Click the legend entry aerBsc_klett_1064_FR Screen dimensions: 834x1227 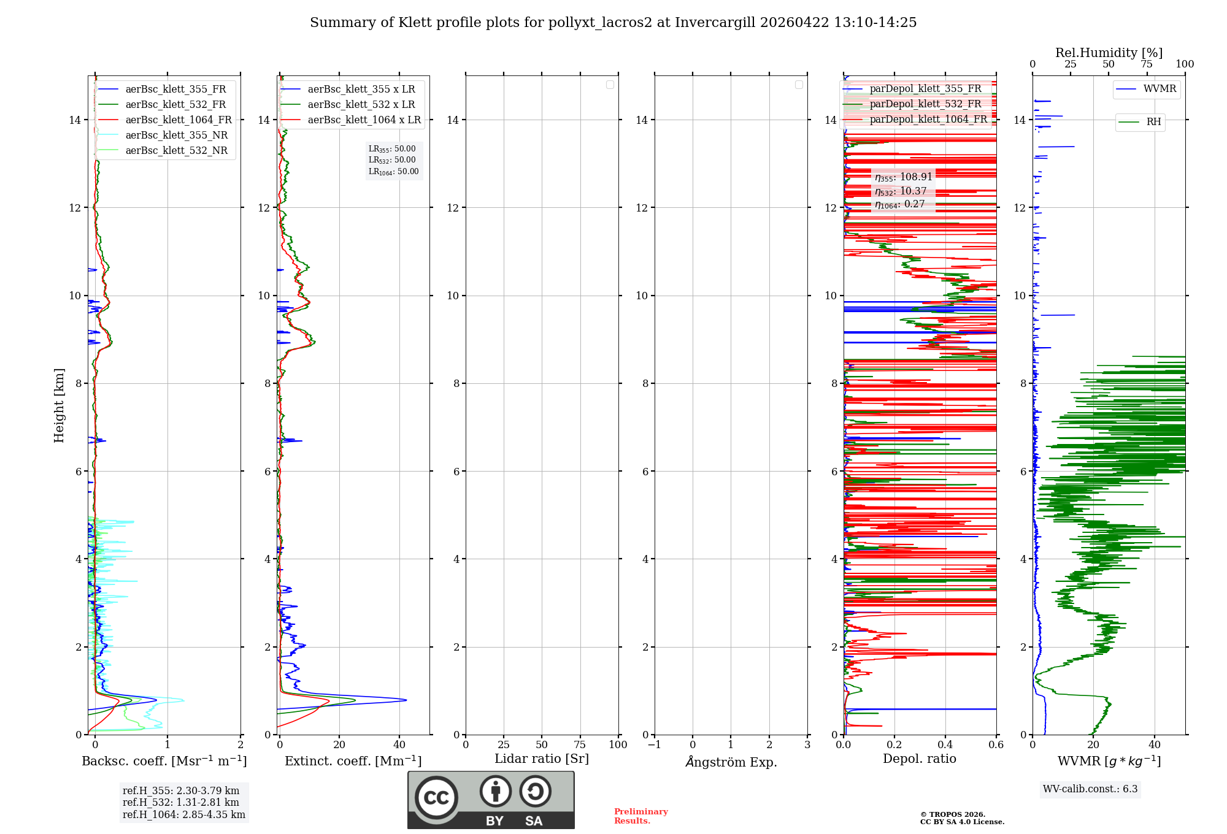179,120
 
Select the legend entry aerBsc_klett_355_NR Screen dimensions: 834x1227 177,136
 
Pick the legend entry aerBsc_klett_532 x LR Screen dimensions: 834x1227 361,105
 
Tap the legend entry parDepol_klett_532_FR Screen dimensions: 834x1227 925,104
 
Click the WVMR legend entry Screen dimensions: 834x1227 1160,89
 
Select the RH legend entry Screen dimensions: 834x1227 1153,122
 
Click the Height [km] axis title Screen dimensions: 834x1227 59,405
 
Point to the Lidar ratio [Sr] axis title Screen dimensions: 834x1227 542,759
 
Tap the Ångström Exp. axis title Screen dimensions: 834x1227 731,762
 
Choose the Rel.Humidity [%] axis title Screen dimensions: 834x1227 1109,53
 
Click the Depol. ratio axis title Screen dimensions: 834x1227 919,759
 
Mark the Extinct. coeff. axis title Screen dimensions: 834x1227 353,761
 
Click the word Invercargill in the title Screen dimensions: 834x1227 715,23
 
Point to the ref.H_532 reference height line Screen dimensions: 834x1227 181,803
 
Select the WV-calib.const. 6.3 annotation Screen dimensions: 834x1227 1090,789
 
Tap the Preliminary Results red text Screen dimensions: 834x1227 640,816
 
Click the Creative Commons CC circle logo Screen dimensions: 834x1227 436,798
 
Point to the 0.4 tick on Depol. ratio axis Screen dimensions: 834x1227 945,745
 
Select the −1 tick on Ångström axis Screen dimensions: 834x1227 655,745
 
